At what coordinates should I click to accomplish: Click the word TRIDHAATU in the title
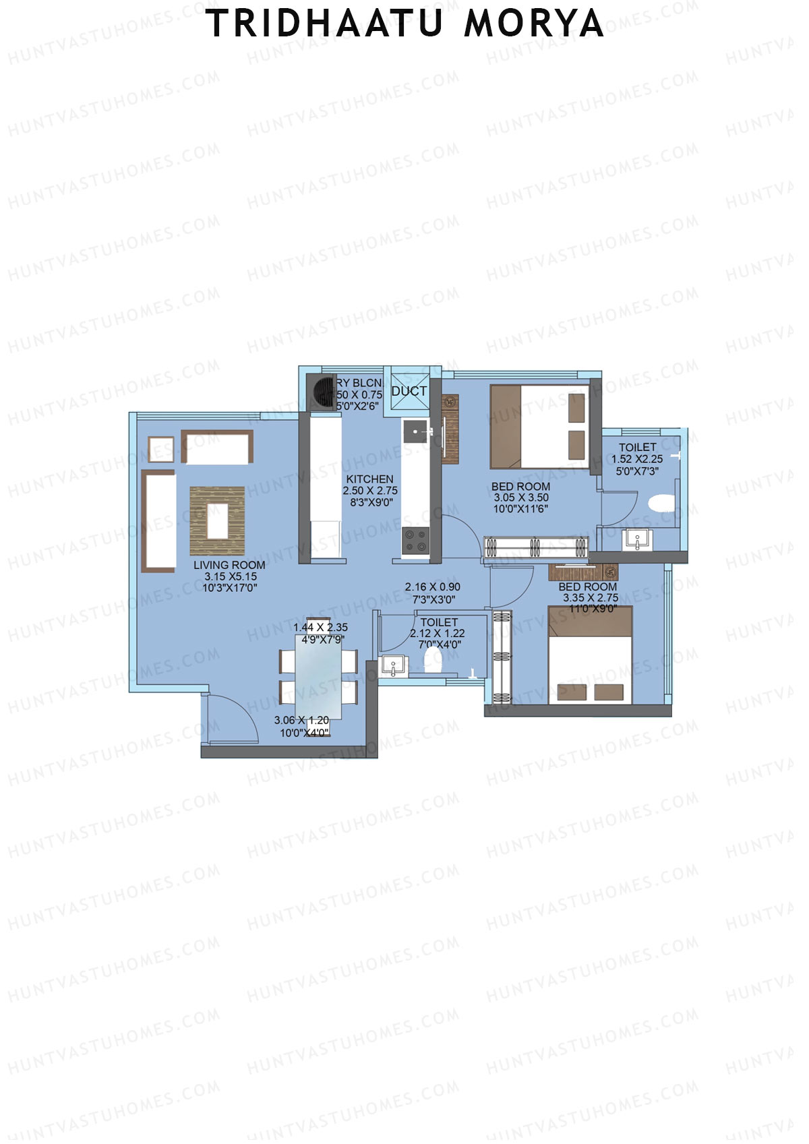pos(324,24)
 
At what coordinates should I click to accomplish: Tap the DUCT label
pos(409,391)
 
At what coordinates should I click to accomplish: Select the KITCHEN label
pos(369,479)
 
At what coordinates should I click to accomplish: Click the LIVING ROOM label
pos(229,565)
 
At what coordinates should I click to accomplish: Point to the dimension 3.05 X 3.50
pos(521,498)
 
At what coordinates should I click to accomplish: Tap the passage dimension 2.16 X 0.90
pos(432,587)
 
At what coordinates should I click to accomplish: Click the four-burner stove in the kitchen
pos(415,541)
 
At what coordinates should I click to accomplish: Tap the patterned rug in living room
pos(217,521)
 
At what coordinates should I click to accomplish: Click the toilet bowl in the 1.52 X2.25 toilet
pos(661,503)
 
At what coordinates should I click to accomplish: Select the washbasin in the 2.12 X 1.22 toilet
pos(393,666)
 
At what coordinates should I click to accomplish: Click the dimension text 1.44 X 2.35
pos(320,628)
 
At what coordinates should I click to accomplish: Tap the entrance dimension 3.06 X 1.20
pos(301,721)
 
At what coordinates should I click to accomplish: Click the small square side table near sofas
pos(160,450)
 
